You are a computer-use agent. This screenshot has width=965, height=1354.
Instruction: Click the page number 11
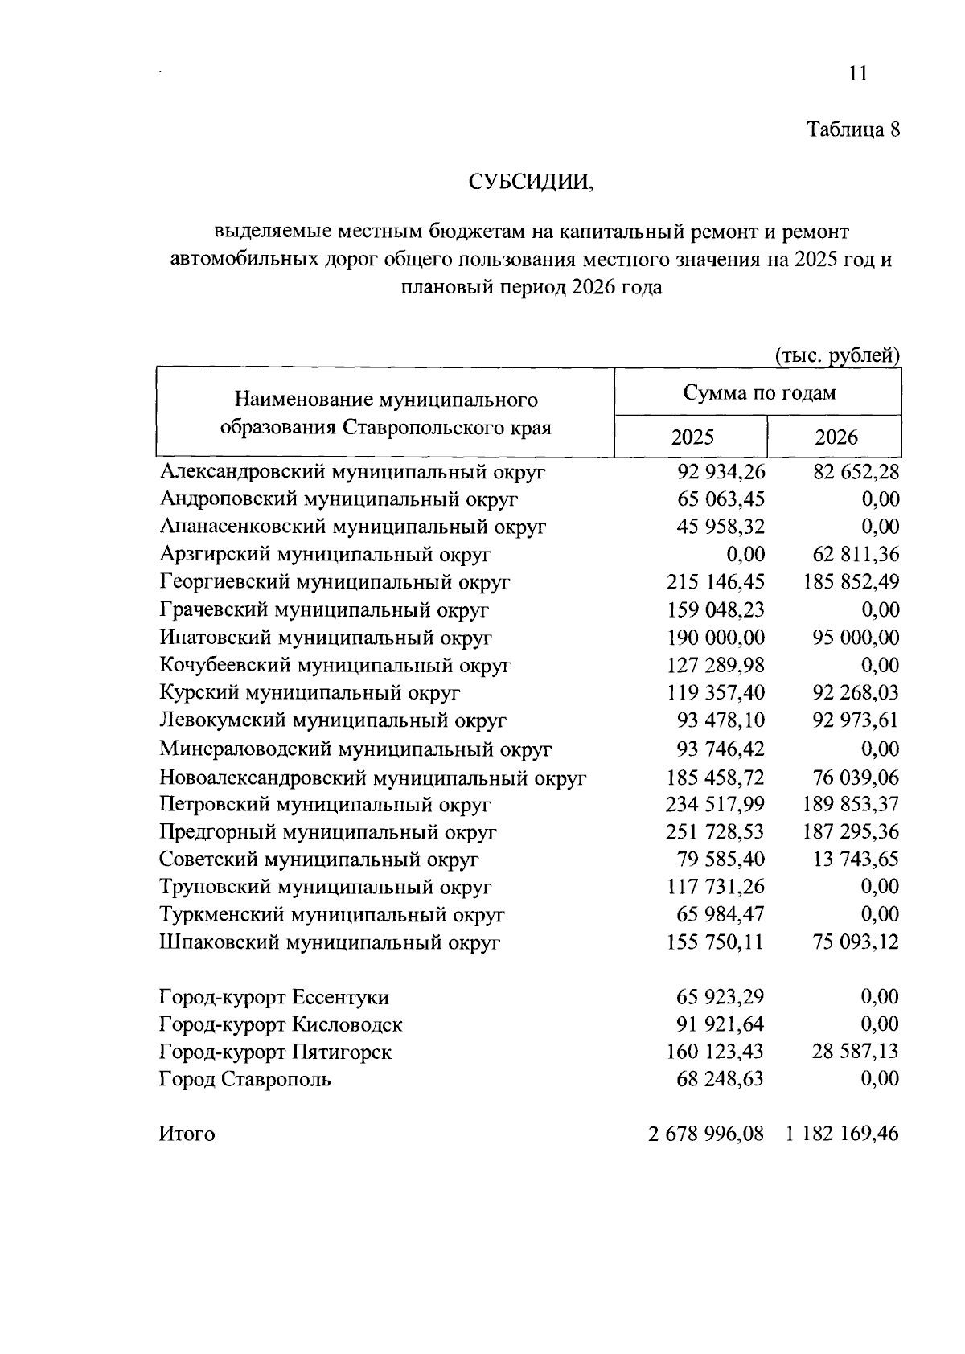(x=857, y=74)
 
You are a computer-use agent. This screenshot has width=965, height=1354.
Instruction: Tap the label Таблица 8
(x=853, y=129)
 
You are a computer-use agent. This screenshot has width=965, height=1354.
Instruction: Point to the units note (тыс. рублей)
(x=837, y=355)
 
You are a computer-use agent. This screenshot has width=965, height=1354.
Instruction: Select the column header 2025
(x=692, y=437)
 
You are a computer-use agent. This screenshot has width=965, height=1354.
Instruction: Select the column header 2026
(x=836, y=437)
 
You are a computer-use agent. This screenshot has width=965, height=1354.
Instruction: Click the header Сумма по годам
(x=758, y=392)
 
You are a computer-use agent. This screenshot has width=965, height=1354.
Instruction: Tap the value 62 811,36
(x=856, y=554)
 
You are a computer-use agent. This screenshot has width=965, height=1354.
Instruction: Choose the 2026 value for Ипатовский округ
(x=856, y=638)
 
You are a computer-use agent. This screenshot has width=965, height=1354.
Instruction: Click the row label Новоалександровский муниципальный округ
(x=372, y=778)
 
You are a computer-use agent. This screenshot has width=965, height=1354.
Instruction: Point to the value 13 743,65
(x=856, y=859)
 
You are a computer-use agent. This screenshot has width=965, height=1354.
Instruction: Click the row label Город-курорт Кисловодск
(x=281, y=1024)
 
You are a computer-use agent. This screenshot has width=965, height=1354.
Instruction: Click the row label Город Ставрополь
(x=244, y=1079)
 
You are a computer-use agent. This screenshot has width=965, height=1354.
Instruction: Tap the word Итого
(x=187, y=1134)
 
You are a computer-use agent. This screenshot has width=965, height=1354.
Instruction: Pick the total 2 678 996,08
(x=705, y=1134)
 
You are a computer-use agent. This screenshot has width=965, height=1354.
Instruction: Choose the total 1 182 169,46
(x=842, y=1134)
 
